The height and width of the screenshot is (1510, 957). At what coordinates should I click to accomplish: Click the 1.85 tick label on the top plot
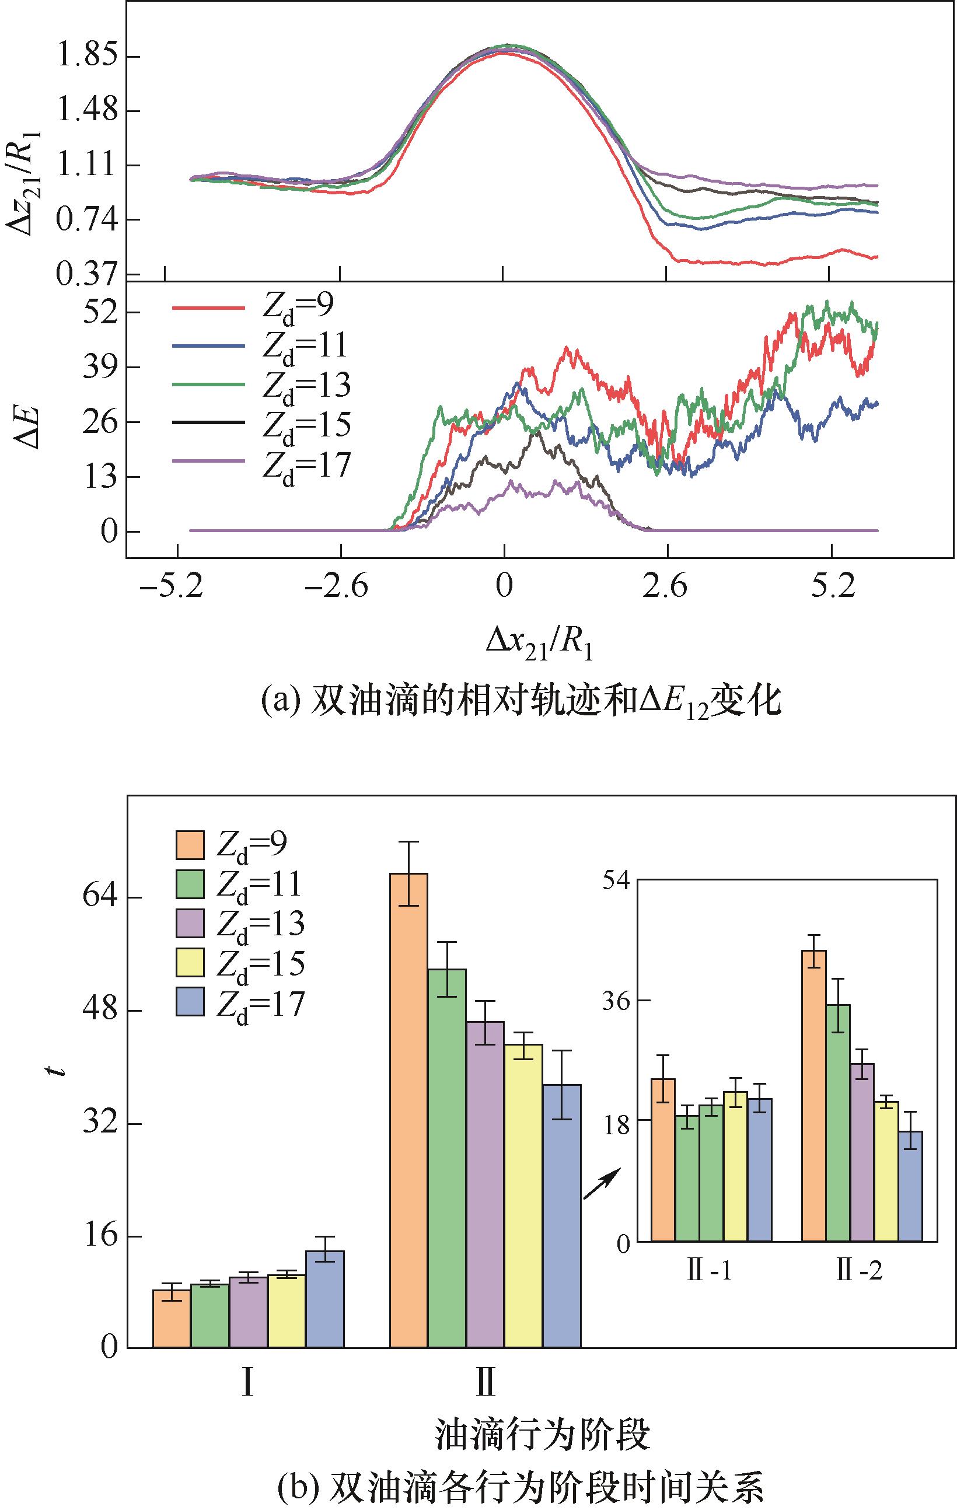click(x=86, y=57)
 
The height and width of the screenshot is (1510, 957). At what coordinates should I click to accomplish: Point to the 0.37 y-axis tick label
click(x=86, y=274)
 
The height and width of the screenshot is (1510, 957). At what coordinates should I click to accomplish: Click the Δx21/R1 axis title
click(x=539, y=644)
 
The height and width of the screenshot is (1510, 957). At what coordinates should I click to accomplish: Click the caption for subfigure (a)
click(x=521, y=702)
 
